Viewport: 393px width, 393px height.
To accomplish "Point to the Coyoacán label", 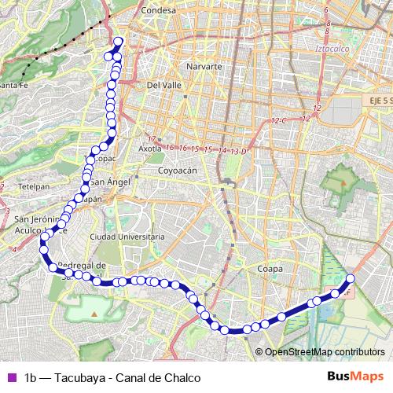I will [177, 170].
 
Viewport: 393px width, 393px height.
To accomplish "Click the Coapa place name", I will [270, 269].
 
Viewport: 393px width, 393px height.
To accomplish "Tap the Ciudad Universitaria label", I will [127, 236].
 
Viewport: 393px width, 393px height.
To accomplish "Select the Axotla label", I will [149, 148].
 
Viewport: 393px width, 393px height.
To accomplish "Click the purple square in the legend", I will [10, 377].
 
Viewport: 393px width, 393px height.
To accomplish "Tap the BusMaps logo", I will [351, 376].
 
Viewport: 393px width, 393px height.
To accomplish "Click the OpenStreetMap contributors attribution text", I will [324, 351].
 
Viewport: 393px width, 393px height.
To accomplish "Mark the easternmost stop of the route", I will [351, 278].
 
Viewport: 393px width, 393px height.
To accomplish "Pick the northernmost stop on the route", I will [119, 42].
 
